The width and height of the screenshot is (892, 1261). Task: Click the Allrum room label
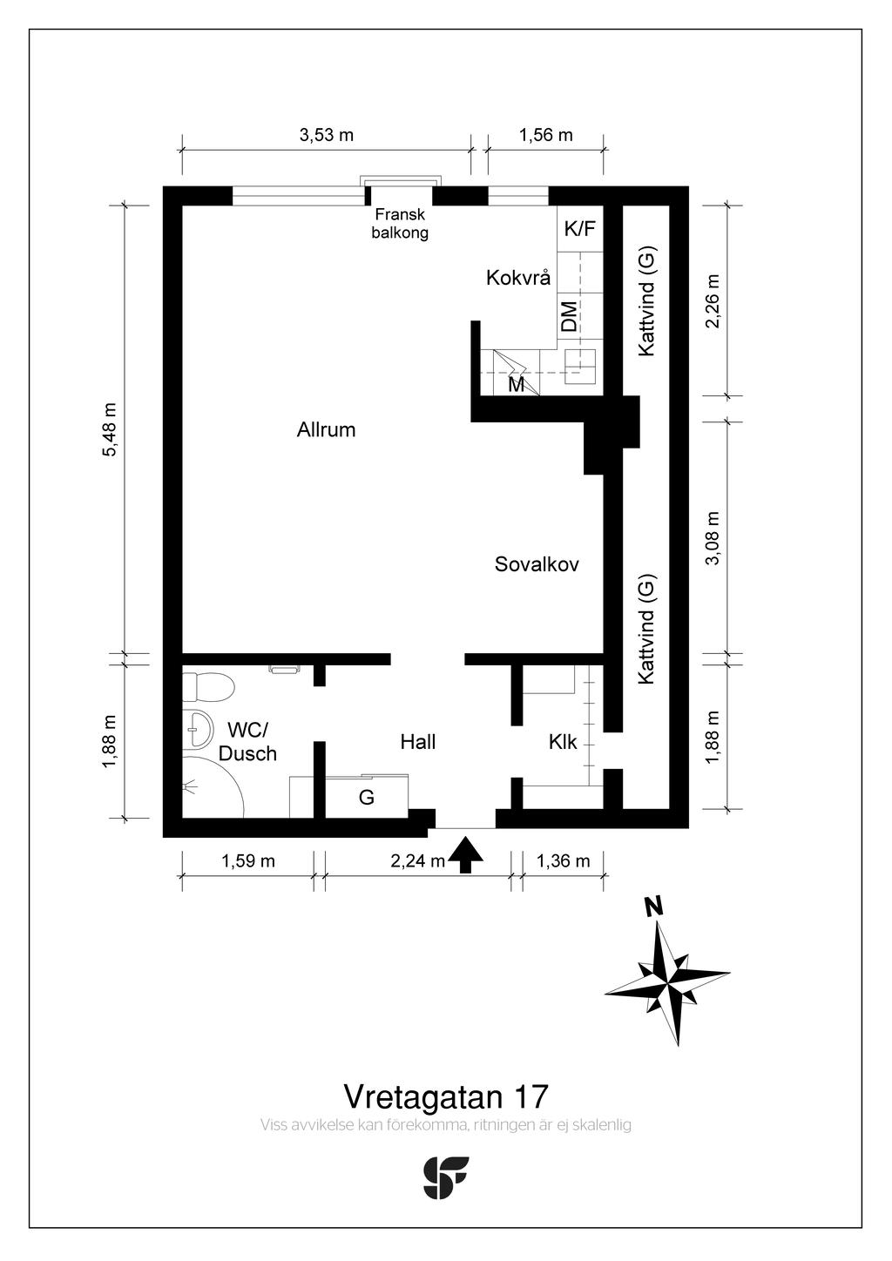[326, 430]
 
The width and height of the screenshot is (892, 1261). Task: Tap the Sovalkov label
[537, 564]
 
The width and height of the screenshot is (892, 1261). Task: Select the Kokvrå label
[518, 278]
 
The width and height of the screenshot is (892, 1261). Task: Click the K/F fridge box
[580, 229]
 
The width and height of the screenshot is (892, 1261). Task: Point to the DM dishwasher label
[570, 316]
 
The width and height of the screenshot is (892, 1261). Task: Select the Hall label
[418, 742]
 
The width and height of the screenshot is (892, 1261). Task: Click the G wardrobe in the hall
[367, 797]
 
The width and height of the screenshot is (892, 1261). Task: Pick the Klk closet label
[563, 742]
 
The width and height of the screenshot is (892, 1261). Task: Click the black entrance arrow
[465, 854]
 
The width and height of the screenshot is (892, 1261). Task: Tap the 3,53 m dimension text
[326, 135]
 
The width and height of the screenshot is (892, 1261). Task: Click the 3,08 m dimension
[713, 538]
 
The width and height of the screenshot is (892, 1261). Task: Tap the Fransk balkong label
[400, 224]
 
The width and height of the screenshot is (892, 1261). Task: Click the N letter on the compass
[654, 907]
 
